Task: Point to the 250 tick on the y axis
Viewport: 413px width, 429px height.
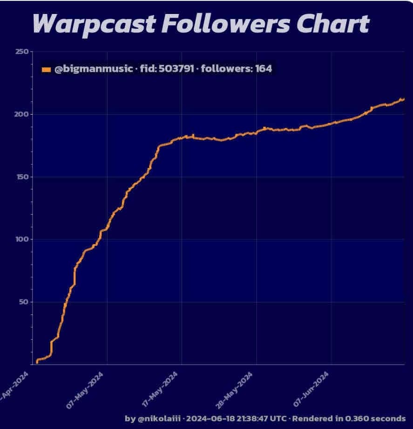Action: [20, 51]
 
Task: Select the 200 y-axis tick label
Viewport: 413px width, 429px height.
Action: [20, 114]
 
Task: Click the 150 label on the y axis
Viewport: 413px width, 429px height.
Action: [20, 177]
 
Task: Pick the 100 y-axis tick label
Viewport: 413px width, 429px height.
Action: [20, 239]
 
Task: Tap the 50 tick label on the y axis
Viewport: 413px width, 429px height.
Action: [22, 302]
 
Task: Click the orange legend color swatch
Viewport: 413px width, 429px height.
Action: [46, 70]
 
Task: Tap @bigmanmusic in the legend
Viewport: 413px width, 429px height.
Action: [93, 69]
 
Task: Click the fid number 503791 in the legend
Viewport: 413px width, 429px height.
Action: [176, 69]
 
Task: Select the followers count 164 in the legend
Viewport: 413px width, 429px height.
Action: [263, 69]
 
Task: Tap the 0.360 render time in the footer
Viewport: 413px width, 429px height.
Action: [361, 418]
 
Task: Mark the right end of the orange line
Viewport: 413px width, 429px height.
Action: [403, 99]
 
